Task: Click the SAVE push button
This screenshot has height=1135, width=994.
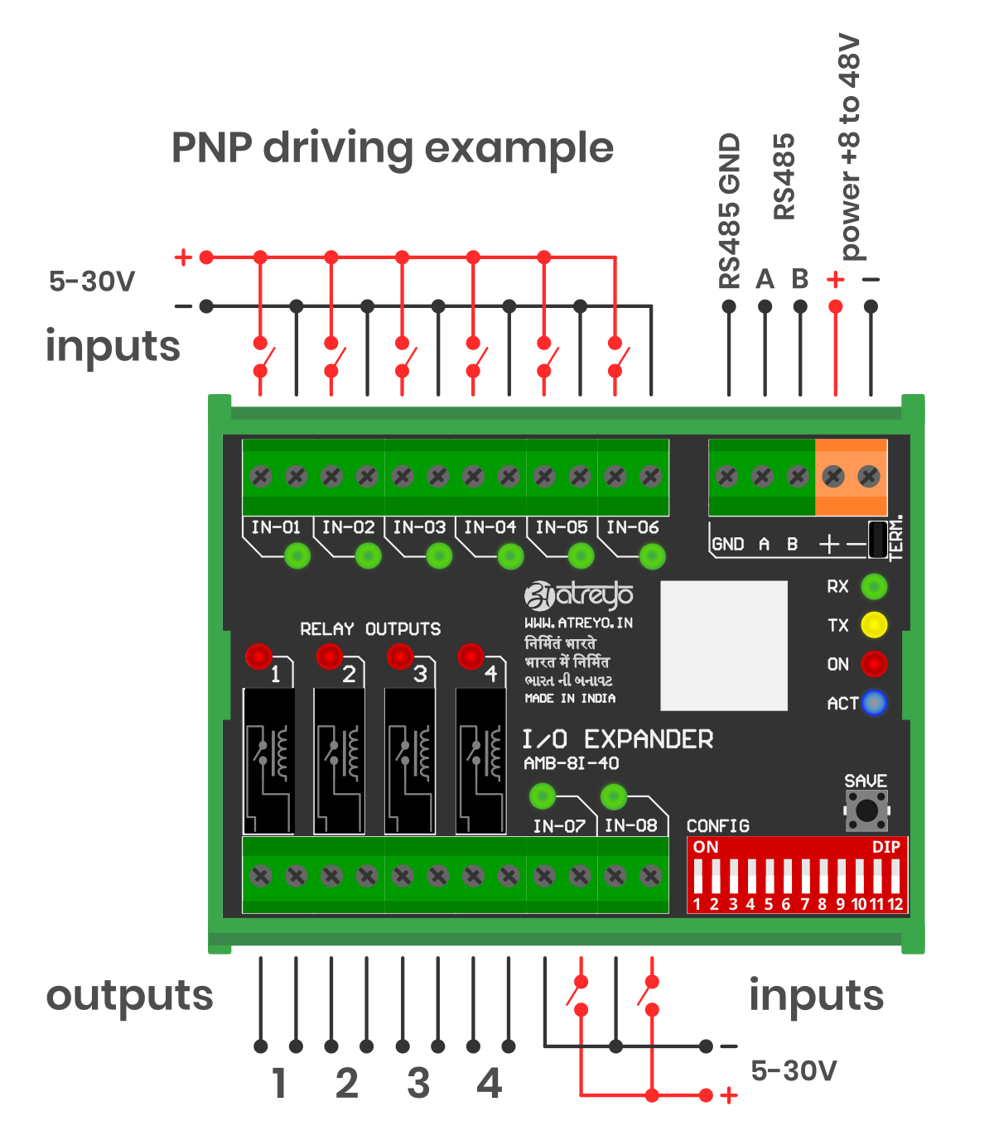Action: [x=866, y=810]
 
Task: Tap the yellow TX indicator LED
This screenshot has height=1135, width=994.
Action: [x=874, y=625]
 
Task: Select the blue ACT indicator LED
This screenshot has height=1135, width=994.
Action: [x=874, y=703]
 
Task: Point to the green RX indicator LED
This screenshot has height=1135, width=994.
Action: [x=874, y=587]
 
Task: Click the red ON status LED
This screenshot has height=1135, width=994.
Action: [x=874, y=664]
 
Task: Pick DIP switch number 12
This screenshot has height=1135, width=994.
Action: [x=895, y=876]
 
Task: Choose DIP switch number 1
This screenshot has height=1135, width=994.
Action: [x=697, y=876]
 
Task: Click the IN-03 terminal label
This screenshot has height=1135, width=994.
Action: [x=419, y=527]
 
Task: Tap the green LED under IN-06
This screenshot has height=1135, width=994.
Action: [x=652, y=556]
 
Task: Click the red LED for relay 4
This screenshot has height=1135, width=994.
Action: [x=470, y=656]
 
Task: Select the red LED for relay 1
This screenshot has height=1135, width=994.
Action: [x=258, y=656]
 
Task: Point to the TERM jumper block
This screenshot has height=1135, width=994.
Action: [x=877, y=539]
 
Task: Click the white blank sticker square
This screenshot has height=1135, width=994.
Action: [x=723, y=646]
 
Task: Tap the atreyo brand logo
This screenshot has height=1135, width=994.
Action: [x=579, y=594]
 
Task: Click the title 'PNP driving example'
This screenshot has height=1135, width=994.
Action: [x=392, y=149]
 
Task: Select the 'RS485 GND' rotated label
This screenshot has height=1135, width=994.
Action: [x=729, y=211]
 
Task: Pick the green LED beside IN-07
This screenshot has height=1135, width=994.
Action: [x=542, y=796]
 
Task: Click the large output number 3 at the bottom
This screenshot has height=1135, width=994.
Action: [x=418, y=1084]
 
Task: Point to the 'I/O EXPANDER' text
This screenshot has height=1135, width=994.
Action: [x=618, y=739]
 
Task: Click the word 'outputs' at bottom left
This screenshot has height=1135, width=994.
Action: [x=129, y=996]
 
